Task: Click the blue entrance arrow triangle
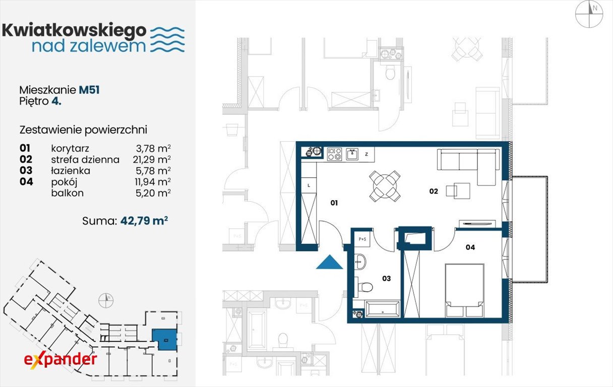330,263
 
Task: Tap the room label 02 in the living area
434,191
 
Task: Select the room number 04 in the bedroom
470,247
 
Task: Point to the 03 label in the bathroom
387,279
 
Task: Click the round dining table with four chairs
385,186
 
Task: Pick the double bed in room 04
464,290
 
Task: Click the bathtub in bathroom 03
383,309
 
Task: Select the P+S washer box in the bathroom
362,239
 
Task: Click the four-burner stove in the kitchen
334,154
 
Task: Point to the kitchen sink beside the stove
352,154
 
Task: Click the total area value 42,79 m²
144,220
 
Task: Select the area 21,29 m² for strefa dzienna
152,159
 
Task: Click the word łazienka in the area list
71,171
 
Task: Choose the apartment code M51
89,90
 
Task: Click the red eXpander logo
60,361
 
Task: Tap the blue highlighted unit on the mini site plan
165,340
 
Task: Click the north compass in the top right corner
589,14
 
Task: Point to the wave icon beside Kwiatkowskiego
167,39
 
